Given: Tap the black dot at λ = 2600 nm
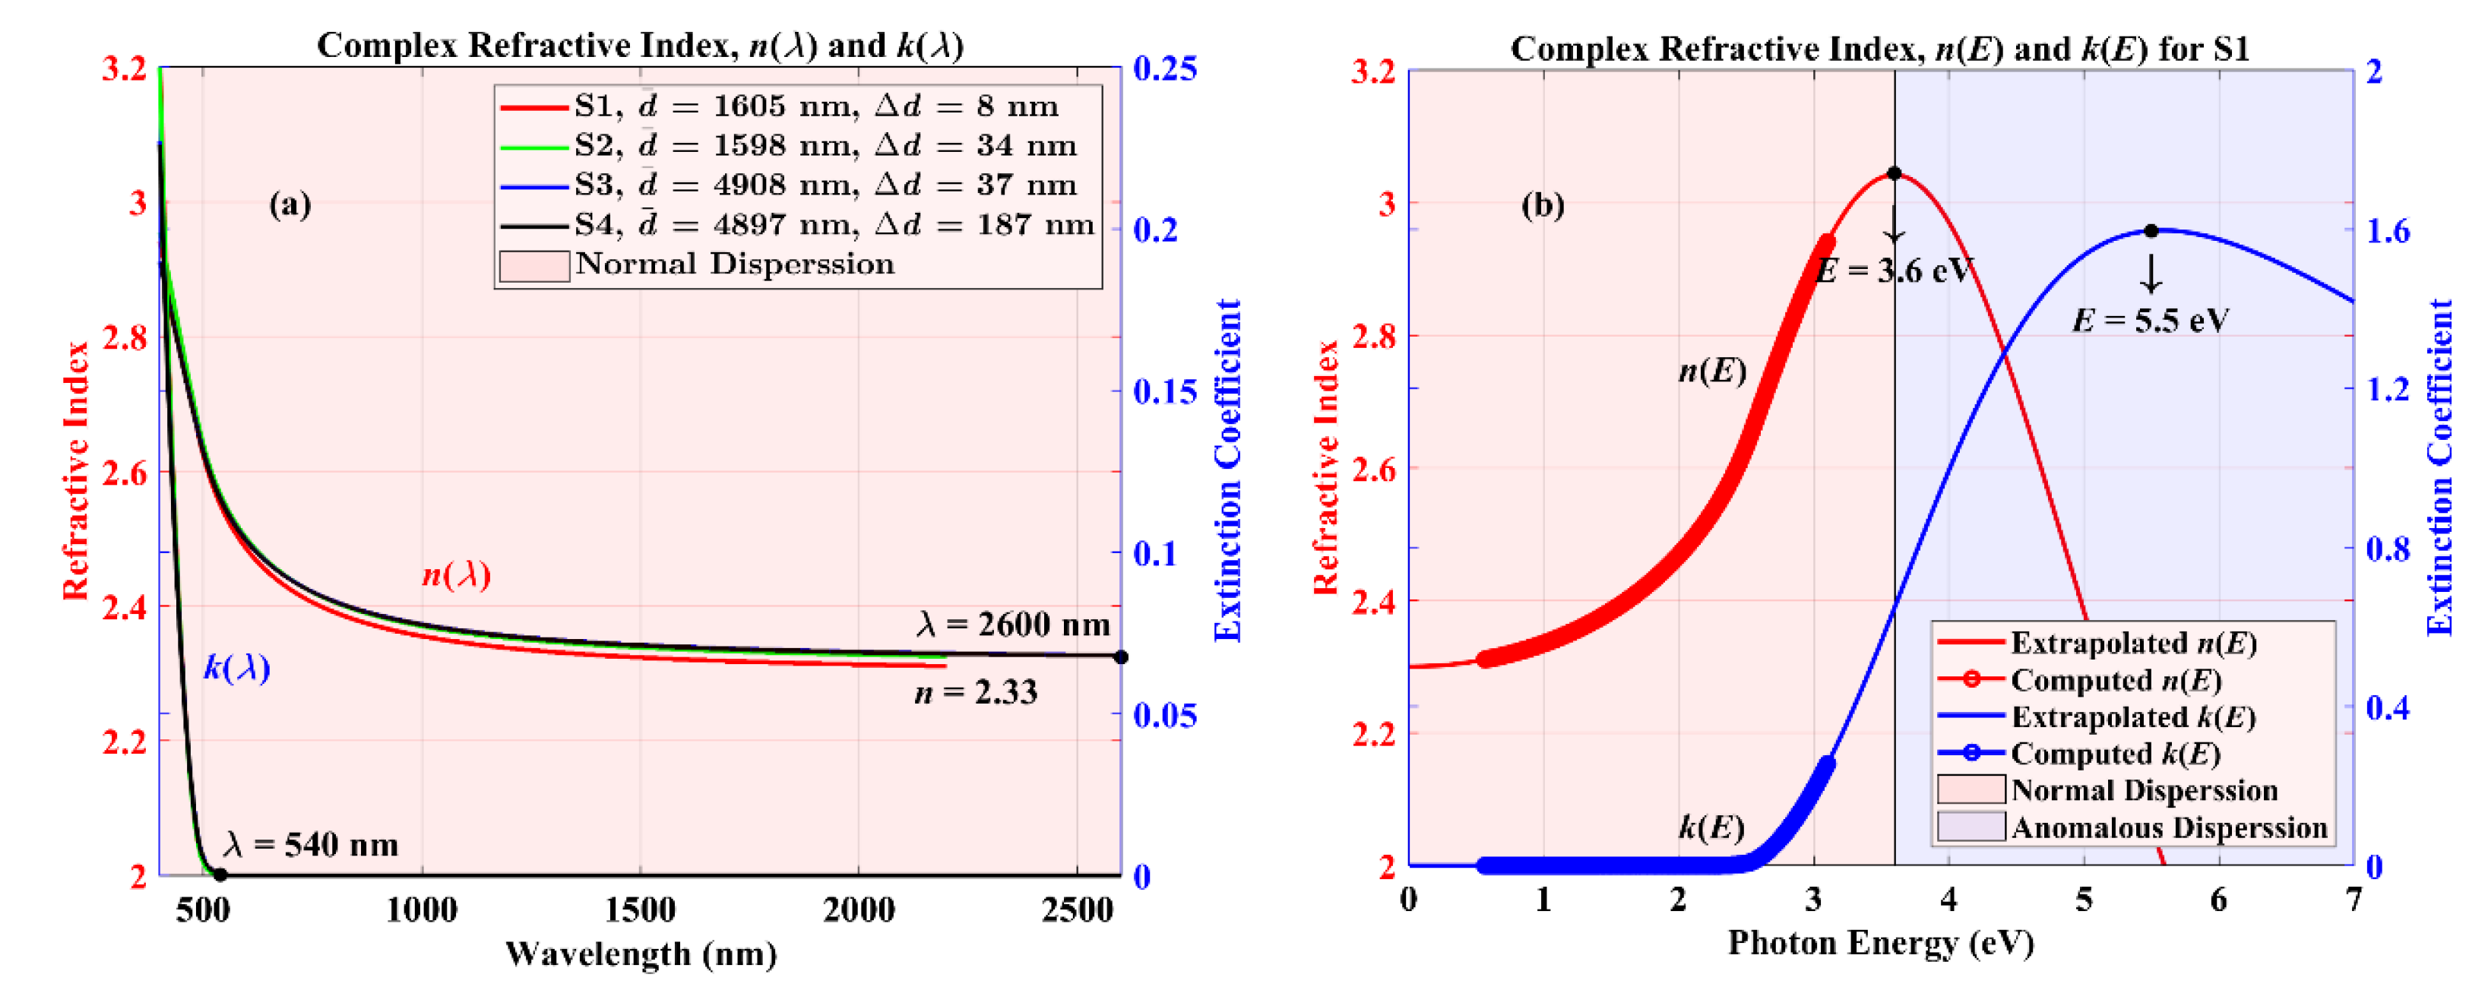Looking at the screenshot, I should point(1120,657).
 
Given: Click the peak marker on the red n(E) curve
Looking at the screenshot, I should point(1894,174).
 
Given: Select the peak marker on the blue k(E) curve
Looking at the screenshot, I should point(2151,230).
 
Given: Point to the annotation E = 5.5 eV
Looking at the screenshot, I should point(2151,321).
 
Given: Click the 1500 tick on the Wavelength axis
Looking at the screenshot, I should point(640,909).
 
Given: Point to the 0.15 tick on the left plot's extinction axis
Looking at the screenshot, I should point(1164,391).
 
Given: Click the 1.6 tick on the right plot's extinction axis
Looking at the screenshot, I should point(2387,230).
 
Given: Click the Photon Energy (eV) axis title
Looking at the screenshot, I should point(1880,943).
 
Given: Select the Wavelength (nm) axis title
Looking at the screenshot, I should point(641,954).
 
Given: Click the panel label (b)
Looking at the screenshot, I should point(1542,204).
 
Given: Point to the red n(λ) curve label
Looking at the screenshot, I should point(456,575).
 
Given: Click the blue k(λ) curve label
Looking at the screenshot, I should point(236,668).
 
